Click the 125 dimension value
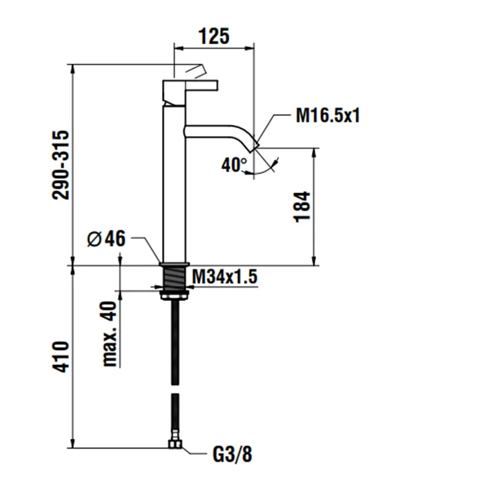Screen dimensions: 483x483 point(213,36)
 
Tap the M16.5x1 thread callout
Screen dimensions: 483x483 point(328,116)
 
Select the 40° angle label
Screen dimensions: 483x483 point(235,165)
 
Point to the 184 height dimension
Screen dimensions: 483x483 point(304,206)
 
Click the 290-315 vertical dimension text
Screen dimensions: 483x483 point(63,164)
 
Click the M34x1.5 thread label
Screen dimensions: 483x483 point(224,277)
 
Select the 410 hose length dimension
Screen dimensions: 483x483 point(62,357)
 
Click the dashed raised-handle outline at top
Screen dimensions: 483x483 point(191,70)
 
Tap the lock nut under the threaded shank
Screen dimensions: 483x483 point(175,296)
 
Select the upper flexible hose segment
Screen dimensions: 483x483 point(175,338)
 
